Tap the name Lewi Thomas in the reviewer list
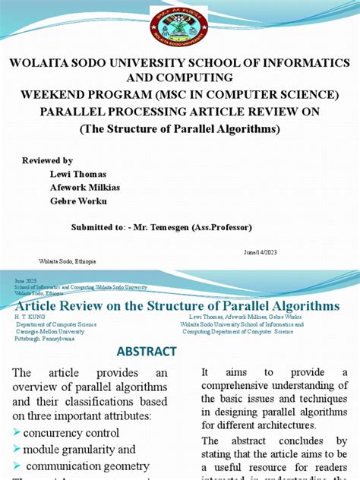coord(74,174)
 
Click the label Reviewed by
coord(48,161)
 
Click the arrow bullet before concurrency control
coord(17,432)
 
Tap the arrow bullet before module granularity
coord(17,450)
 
